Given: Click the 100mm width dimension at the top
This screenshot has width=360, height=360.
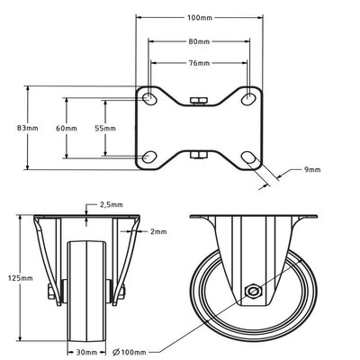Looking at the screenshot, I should pos(199,18).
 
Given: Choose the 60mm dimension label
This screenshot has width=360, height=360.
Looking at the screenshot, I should pos(66,128).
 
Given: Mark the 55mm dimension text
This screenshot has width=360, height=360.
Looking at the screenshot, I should pos(104,128).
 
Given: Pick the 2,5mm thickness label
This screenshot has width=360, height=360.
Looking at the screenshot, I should pos(108,205).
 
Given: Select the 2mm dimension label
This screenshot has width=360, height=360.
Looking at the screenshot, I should pos(158,231).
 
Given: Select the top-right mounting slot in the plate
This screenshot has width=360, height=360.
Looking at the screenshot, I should pos(250,97).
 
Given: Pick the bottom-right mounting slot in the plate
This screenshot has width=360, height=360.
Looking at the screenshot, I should pos(250,157).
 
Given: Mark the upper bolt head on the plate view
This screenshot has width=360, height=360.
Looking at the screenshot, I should pos(199,102).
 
